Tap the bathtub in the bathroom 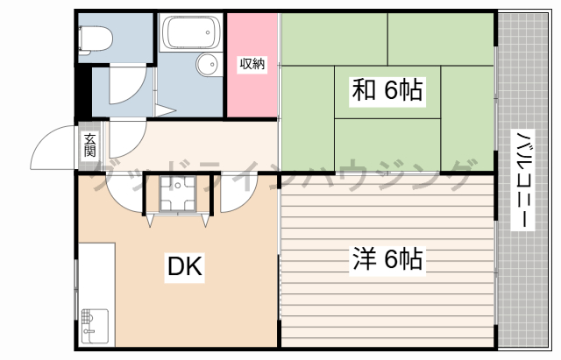click(x=190, y=32)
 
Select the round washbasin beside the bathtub click(x=208, y=64)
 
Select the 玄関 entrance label click(x=90, y=145)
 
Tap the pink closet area click(x=252, y=88)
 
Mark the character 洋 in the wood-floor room click(x=365, y=258)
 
